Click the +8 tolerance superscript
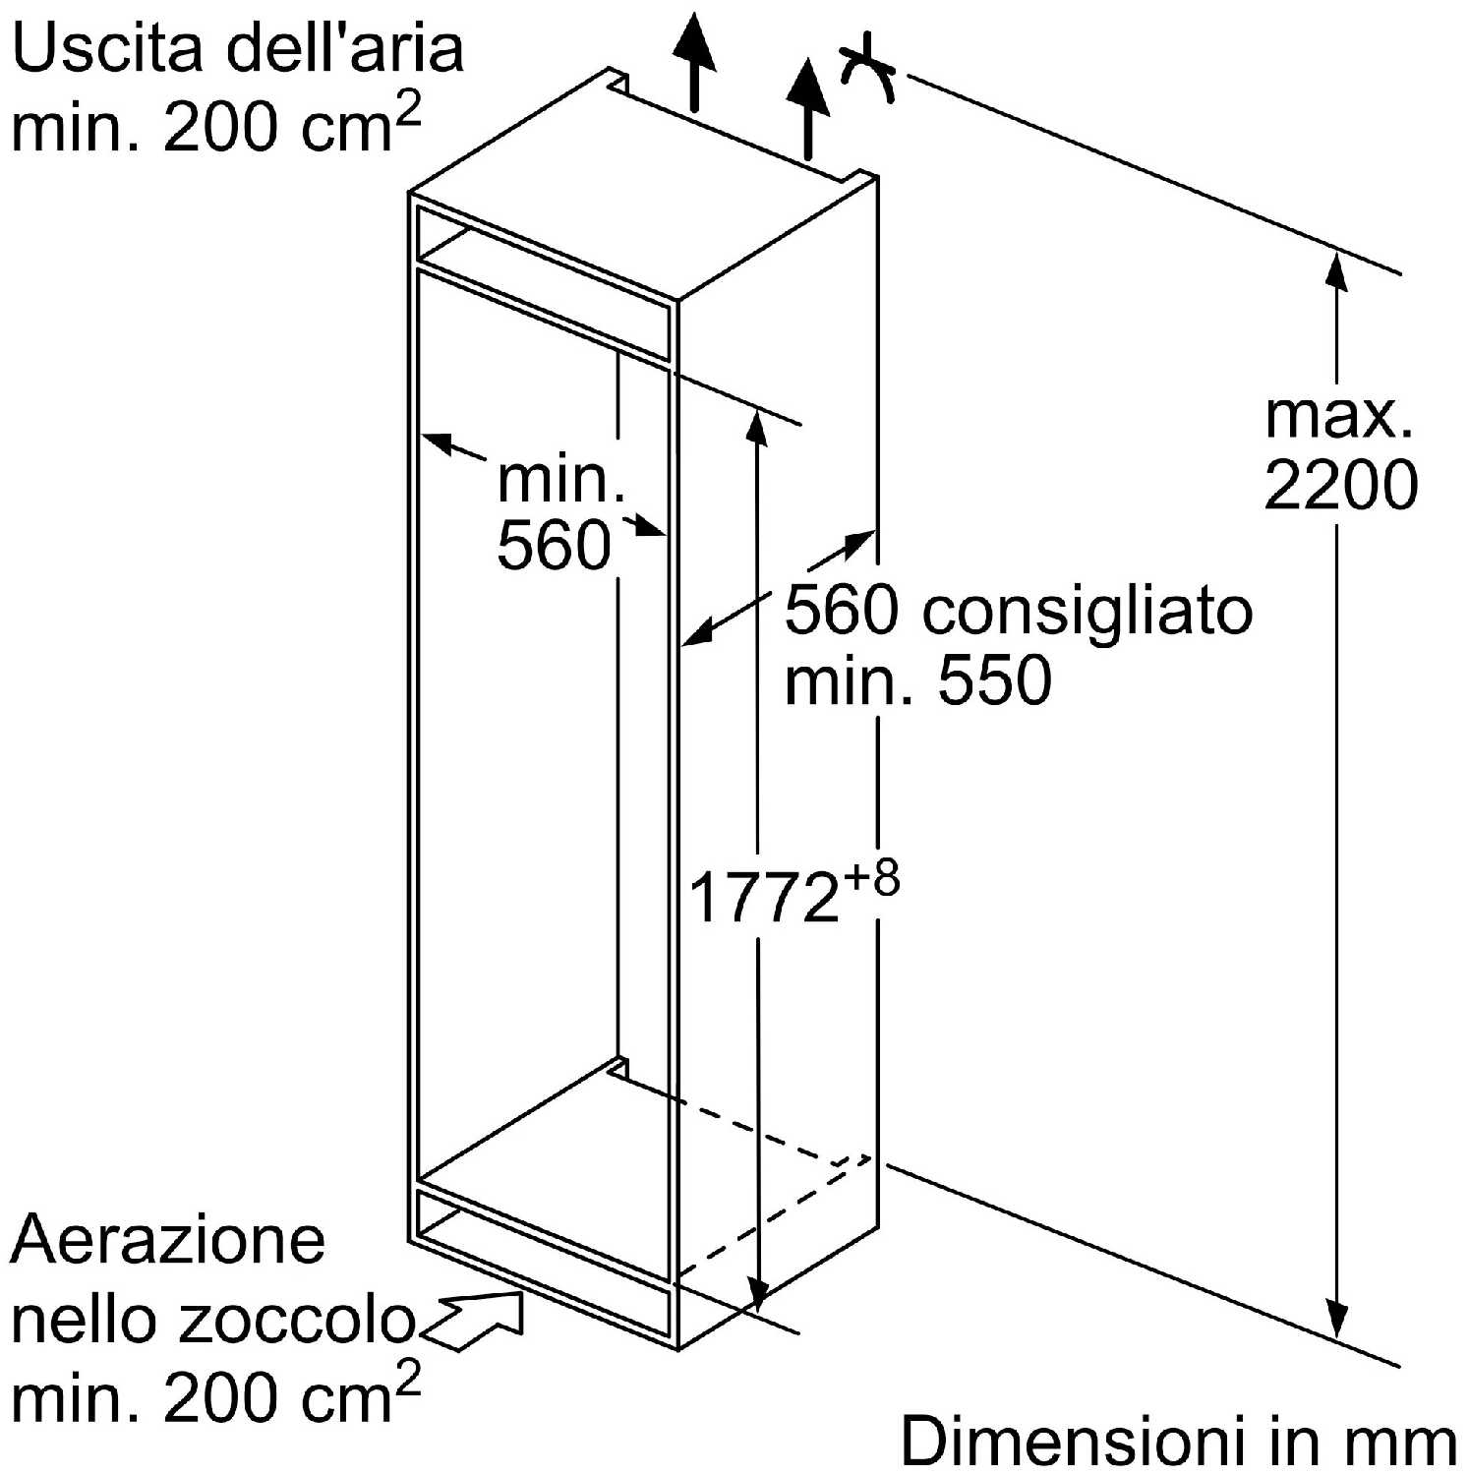(871, 877)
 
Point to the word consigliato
(1087, 612)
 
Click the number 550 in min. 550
(995, 679)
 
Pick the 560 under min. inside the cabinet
(554, 545)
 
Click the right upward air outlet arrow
(808, 108)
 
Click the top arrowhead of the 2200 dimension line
(1337, 269)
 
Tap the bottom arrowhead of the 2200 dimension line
(1337, 1319)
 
